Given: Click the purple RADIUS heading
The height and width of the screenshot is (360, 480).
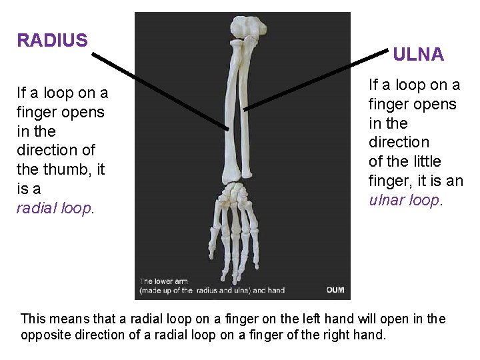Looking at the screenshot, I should pos(52,41).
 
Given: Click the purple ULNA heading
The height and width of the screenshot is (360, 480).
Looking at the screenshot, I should pos(418,55).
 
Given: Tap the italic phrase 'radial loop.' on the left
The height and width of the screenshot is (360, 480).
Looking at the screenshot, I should pos(56,208).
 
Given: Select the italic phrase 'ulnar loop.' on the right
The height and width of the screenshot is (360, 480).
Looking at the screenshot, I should pos(405,200).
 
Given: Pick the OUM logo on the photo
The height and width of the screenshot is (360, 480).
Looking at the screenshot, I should pos(335,290).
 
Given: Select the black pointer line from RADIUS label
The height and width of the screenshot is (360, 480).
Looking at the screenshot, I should pos(160,89).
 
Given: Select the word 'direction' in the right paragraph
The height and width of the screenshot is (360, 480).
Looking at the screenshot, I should pos(399,143).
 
